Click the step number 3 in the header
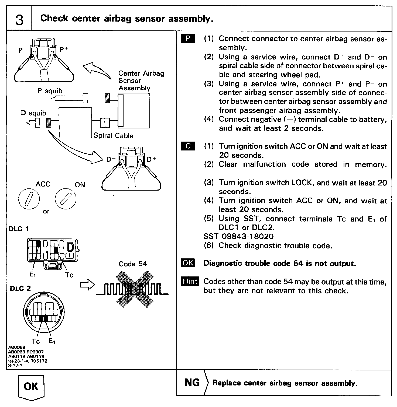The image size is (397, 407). point(19,19)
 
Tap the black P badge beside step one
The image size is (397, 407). point(188,38)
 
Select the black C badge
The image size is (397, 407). point(188,146)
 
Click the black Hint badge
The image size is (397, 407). point(190,281)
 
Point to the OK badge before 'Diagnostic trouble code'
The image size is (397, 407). point(188,263)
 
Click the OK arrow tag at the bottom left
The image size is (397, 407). point(31,387)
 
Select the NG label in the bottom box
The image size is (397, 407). point(192,383)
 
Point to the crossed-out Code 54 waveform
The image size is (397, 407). point(132,289)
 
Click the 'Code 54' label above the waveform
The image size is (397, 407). point(133,264)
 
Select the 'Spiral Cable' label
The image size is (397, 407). point(113,135)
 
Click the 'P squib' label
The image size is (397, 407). point(50,91)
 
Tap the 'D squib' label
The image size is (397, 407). point(33,113)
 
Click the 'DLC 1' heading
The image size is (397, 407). point(19,229)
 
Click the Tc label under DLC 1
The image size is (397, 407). point(69,275)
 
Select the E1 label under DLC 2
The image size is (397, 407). point(52,341)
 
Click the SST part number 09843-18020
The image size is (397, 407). point(247,237)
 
